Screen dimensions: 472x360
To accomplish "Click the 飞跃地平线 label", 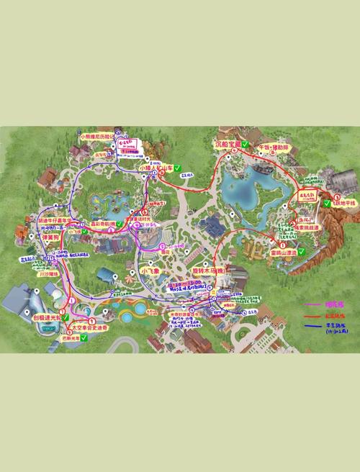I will click(341, 203).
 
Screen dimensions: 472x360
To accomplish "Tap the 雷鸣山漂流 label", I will click(283, 253).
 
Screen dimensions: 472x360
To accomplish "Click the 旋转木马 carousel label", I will click(209, 271).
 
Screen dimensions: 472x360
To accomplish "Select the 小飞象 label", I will click(153, 271).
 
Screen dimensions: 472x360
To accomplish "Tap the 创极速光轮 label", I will click(46, 316).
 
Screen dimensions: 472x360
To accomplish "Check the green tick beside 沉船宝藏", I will click(246, 144).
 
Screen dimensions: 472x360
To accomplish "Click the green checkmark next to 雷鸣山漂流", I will click(302, 253).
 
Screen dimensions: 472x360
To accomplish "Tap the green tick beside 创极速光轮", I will click(66, 316).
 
